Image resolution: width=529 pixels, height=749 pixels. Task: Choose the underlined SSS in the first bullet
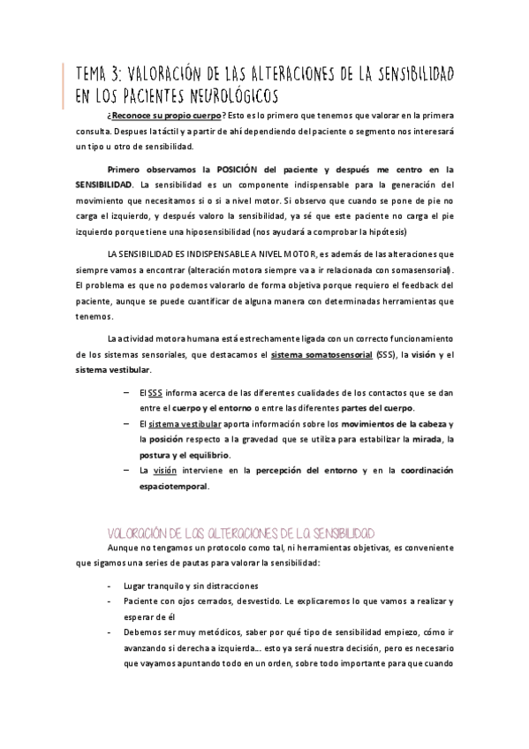pos(155,393)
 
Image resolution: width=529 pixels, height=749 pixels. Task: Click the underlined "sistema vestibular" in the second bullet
pos(181,425)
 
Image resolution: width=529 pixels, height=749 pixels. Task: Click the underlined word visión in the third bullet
pos(166,470)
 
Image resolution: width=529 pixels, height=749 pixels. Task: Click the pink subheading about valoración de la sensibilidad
pos(239,533)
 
